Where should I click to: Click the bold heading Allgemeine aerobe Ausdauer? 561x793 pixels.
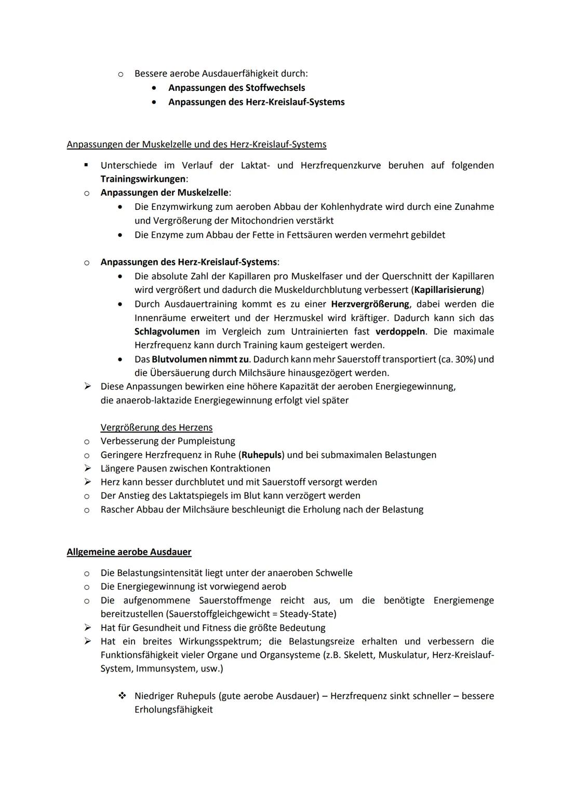[x=129, y=552]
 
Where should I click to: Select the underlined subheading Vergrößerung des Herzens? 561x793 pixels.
[x=156, y=427]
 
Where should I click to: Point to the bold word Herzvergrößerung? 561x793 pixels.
[x=370, y=304]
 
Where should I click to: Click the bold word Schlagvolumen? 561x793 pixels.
[x=167, y=331]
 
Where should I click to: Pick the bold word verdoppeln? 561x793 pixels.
[x=400, y=331]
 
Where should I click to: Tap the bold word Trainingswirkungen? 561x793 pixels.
[x=143, y=179]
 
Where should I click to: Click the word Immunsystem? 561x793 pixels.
[x=165, y=669]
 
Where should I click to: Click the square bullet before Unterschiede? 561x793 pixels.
[x=87, y=166]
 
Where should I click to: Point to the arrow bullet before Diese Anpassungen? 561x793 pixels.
[x=87, y=386]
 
